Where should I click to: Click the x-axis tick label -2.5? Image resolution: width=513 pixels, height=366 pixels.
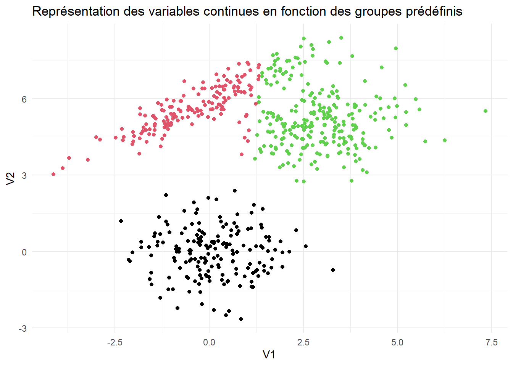coord(115,342)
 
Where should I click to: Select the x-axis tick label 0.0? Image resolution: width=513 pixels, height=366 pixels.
coord(209,342)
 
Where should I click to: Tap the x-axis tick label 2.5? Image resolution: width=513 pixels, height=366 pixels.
coord(303,342)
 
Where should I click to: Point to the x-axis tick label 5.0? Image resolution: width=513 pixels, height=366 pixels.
coord(397,342)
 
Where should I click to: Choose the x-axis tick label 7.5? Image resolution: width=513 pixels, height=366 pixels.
coord(492,342)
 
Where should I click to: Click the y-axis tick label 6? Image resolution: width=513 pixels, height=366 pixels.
coord(24,99)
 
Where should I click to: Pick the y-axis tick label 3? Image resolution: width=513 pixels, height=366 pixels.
coord(24,175)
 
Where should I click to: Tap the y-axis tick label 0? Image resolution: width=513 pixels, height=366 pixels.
coord(24,252)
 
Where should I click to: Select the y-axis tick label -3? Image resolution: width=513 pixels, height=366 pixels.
coord(23,329)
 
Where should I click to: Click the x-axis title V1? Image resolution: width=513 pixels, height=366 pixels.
coord(269,355)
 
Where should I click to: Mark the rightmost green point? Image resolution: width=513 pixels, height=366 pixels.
coord(486,111)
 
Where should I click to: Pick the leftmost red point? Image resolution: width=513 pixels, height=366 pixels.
coord(53,174)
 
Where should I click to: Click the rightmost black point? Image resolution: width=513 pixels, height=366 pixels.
coord(333,270)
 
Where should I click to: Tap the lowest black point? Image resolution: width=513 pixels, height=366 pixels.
coord(241,319)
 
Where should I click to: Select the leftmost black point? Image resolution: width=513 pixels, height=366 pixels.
coord(121,221)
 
